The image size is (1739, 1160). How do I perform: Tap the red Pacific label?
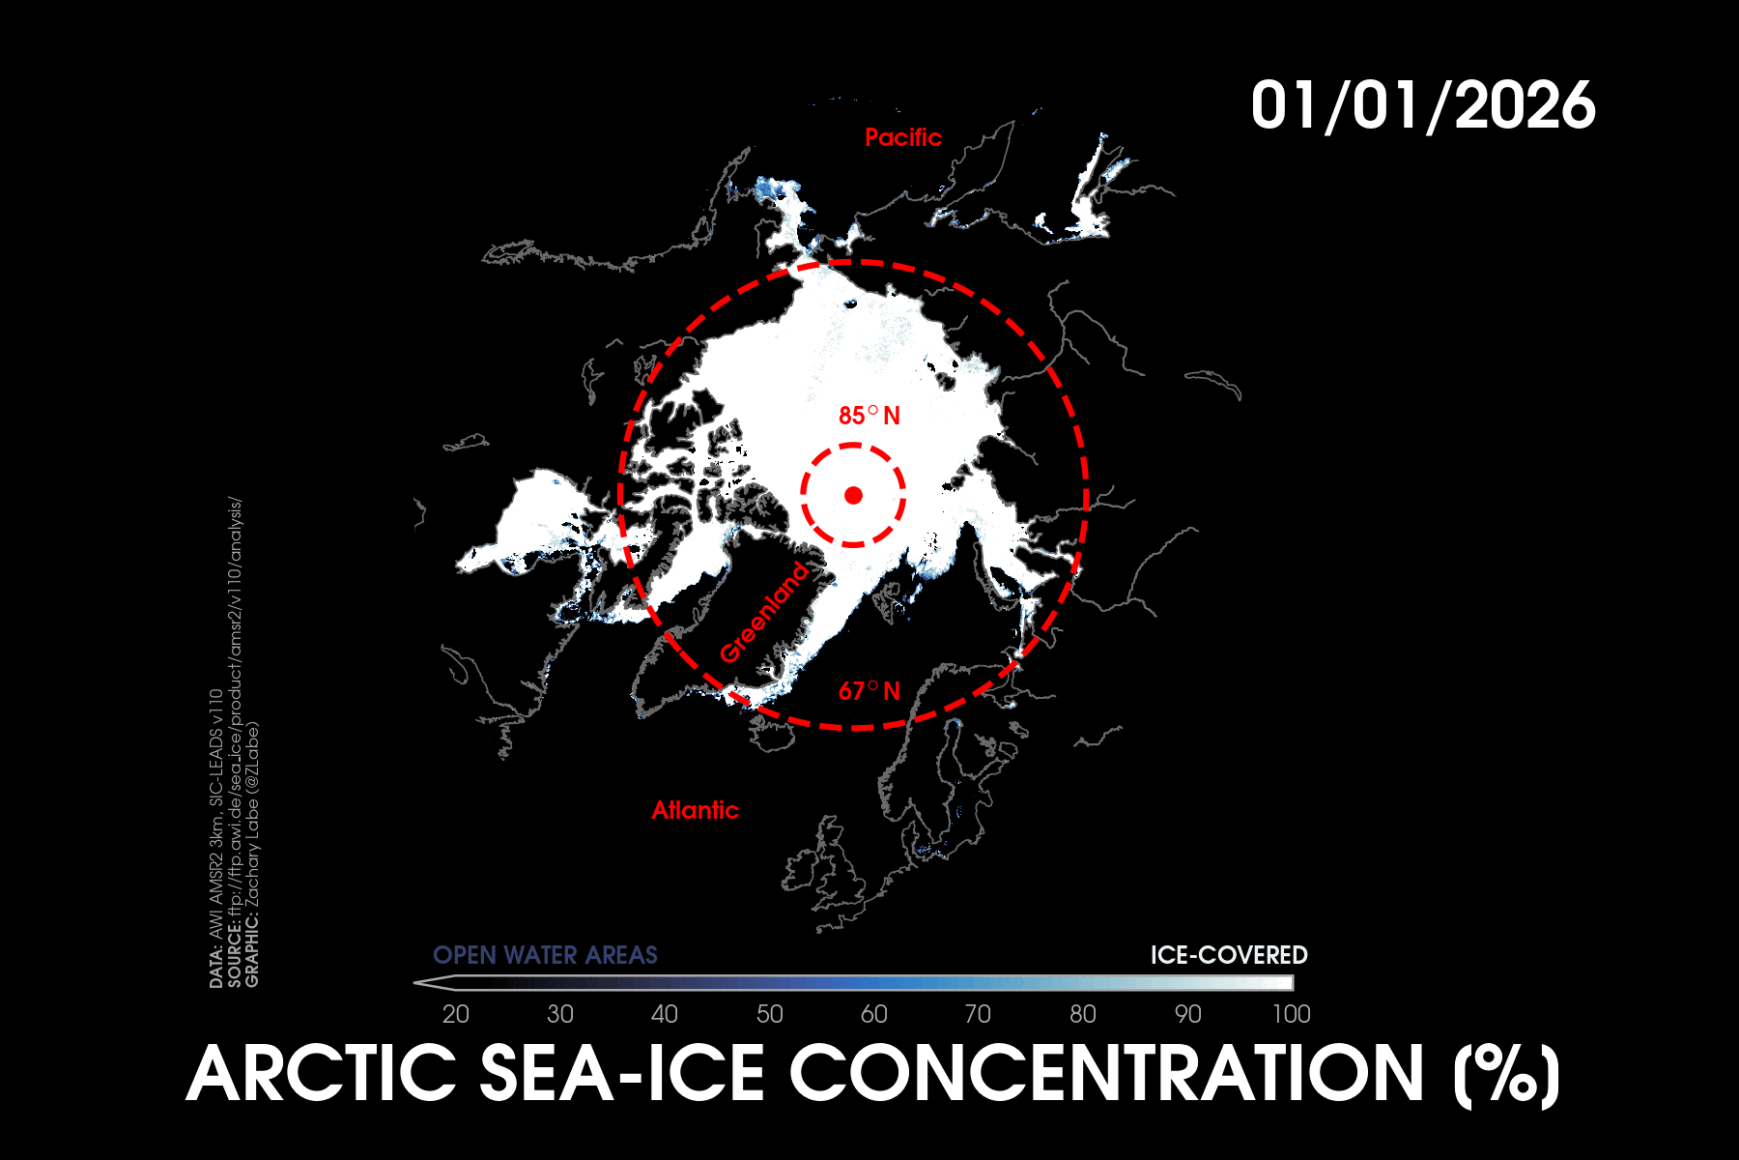902,137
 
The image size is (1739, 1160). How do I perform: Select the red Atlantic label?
695,810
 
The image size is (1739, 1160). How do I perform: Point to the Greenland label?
764,612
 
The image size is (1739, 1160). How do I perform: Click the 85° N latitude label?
869,416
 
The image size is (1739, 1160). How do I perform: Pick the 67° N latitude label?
869,691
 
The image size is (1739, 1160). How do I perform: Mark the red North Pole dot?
853,495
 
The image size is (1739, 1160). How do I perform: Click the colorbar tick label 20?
455,1014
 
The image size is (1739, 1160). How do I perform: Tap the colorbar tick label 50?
769,1014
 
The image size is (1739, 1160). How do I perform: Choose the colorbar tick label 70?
978,1014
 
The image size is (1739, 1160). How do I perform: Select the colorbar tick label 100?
1291,1014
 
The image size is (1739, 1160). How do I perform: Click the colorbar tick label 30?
559,1014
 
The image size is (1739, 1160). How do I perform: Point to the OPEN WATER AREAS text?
545,955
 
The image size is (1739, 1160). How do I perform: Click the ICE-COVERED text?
1228,955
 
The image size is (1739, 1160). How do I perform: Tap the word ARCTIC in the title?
321,1073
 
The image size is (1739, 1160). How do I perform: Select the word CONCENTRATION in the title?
1106,1073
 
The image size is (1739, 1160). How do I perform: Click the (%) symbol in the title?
1506,1075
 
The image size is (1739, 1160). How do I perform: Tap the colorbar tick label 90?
1187,1014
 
